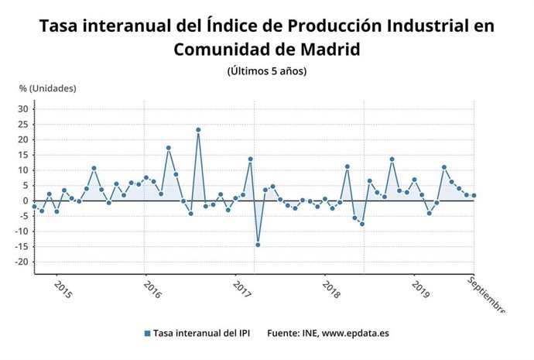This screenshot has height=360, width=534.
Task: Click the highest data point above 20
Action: (198, 130)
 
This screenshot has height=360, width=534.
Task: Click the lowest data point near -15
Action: (258, 245)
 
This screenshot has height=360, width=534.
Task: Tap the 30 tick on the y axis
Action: (23, 109)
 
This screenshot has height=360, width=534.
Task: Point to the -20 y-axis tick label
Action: (22, 262)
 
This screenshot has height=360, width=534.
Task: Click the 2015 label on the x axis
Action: (63, 290)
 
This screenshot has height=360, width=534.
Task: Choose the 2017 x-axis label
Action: (242, 290)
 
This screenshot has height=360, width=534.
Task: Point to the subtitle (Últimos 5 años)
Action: (266, 71)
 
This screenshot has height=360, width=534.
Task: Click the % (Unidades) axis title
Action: (48, 87)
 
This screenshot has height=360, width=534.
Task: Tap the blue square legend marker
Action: (147, 333)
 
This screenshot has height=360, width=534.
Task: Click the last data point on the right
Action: (474, 195)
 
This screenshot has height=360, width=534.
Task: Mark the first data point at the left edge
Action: (34, 207)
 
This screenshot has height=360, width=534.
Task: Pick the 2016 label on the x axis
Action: (152, 290)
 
